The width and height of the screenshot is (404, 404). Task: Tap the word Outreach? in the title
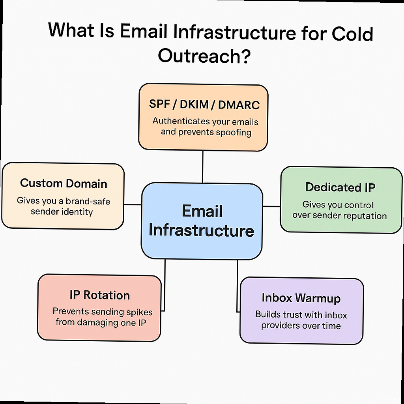click(x=204, y=56)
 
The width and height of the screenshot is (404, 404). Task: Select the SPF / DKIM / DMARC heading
click(x=204, y=105)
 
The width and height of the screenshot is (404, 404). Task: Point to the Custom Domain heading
click(x=64, y=183)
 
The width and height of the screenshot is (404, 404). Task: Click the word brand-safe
click(x=88, y=201)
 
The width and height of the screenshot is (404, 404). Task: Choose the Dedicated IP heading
click(x=340, y=187)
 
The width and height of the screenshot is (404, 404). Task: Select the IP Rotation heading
click(x=99, y=295)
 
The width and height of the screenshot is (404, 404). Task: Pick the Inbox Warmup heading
click(x=301, y=298)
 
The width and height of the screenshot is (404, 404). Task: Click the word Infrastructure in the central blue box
click(x=201, y=230)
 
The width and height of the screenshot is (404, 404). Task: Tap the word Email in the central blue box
click(x=202, y=211)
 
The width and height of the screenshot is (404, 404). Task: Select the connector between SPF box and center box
click(x=203, y=166)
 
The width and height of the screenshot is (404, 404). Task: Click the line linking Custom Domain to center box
click(x=133, y=204)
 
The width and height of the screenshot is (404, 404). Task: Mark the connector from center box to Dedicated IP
click(x=271, y=206)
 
